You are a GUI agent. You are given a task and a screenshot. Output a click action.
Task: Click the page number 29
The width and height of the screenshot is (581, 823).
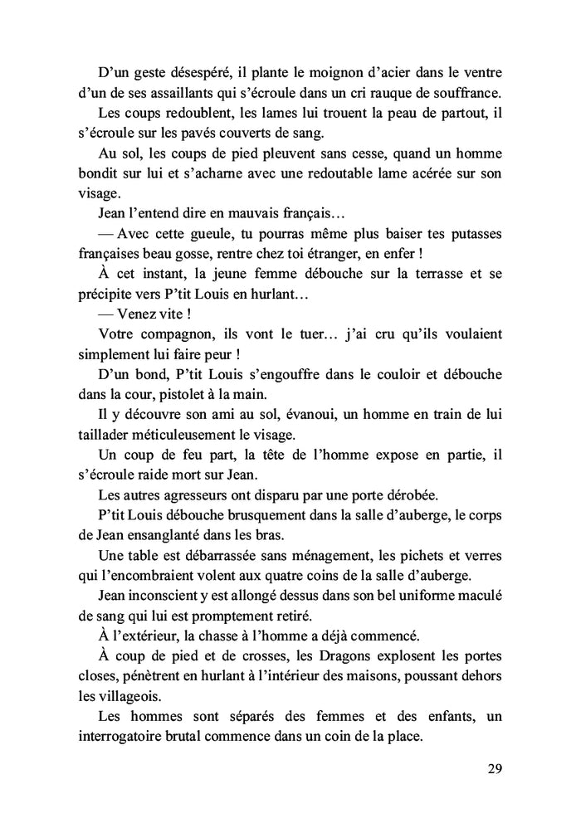[494, 767]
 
